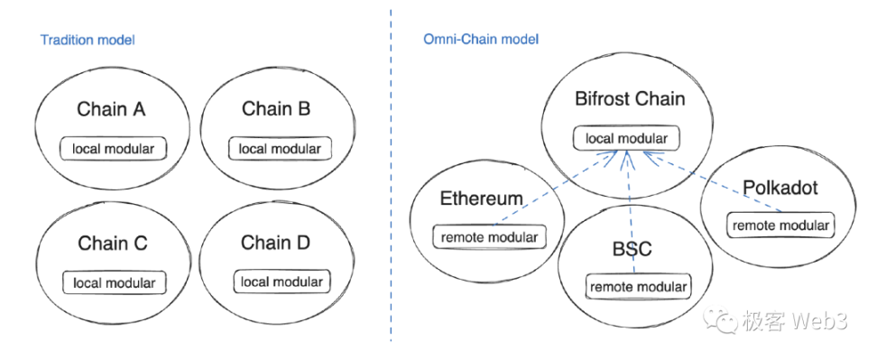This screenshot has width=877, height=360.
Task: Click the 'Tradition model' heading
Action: (x=87, y=41)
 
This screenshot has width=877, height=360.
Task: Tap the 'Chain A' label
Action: (x=112, y=110)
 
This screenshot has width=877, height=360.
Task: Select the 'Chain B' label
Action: (x=276, y=109)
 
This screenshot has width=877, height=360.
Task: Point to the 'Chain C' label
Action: (x=112, y=244)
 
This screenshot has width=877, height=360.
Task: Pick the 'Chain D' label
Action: (x=278, y=243)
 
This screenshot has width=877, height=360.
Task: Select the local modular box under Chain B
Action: (x=279, y=148)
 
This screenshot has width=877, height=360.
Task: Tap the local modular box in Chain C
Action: (x=114, y=282)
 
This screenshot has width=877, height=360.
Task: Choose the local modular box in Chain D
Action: (x=281, y=282)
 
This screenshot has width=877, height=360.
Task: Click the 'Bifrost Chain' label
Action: (x=630, y=98)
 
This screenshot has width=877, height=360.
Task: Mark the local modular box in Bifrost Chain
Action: (x=626, y=139)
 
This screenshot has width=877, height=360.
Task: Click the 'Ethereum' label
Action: (x=481, y=198)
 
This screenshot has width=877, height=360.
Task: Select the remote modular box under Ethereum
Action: (x=489, y=237)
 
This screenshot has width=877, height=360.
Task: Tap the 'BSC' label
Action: (x=632, y=249)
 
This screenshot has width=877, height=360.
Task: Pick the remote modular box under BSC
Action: (x=639, y=287)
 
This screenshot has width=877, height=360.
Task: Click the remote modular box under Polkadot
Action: (x=780, y=224)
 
